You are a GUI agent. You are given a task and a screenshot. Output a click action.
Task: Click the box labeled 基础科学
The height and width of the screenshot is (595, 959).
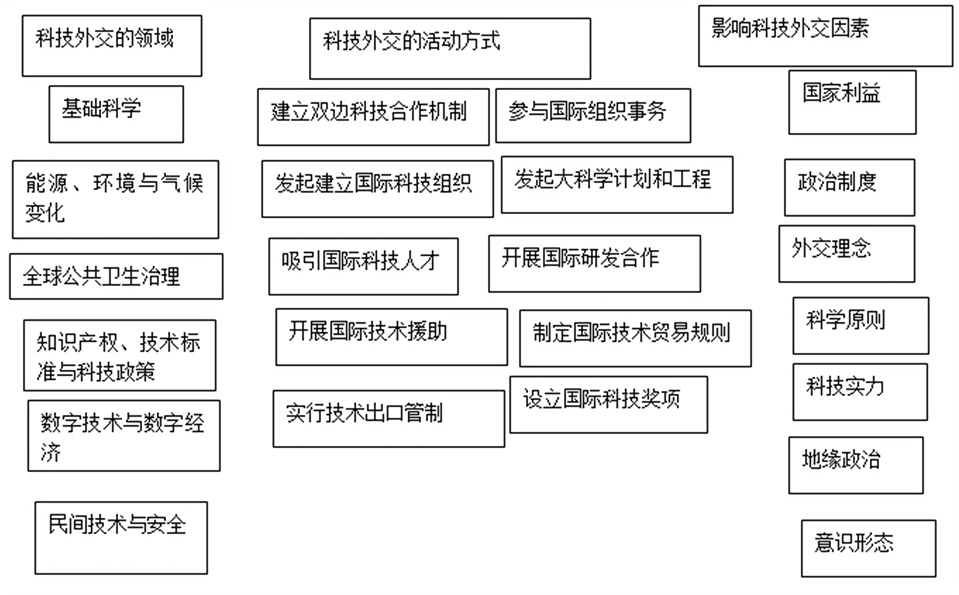click(x=116, y=114)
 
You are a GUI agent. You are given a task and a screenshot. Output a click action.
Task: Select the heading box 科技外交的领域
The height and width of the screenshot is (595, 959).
click(x=112, y=45)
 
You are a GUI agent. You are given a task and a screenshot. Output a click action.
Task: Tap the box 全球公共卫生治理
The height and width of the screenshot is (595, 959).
click(x=116, y=276)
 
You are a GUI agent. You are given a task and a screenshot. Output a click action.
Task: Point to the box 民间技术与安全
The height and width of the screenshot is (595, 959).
click(x=121, y=537)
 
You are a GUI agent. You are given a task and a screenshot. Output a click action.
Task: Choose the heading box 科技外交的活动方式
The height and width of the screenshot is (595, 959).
click(x=450, y=48)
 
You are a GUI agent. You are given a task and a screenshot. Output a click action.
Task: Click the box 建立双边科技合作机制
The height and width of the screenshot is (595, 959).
click(x=373, y=117)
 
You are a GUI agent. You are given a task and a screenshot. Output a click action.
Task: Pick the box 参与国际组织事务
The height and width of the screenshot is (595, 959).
click(x=593, y=115)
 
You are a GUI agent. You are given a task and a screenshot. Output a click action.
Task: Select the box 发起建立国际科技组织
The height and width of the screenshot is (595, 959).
click(x=377, y=188)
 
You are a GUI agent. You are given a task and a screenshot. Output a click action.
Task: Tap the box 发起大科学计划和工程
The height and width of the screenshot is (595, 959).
click(x=617, y=185)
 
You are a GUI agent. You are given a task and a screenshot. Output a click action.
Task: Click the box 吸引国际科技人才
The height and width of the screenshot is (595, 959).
click(x=363, y=266)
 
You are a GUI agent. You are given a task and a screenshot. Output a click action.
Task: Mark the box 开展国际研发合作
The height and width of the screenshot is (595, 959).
click(x=594, y=264)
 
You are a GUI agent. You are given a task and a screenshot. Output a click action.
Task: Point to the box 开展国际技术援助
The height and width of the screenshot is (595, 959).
click(x=391, y=337)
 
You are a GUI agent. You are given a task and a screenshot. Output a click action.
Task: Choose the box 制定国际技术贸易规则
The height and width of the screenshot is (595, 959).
click(x=635, y=338)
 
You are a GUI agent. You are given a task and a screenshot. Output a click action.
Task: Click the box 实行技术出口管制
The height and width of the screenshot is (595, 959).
click(x=388, y=418)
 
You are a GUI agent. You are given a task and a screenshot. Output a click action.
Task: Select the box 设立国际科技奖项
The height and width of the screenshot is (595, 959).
click(x=608, y=404)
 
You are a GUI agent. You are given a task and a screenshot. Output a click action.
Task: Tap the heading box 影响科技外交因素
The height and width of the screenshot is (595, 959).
click(x=825, y=36)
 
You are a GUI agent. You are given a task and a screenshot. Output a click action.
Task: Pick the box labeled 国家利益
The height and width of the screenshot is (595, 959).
click(x=852, y=102)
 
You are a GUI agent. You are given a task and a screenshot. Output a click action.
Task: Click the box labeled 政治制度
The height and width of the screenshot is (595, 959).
click(x=849, y=187)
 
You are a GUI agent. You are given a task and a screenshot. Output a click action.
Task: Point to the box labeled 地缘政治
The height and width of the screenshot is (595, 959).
click(x=856, y=465)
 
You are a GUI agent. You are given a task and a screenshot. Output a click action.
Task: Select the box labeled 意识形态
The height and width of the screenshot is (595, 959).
click(x=868, y=548)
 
